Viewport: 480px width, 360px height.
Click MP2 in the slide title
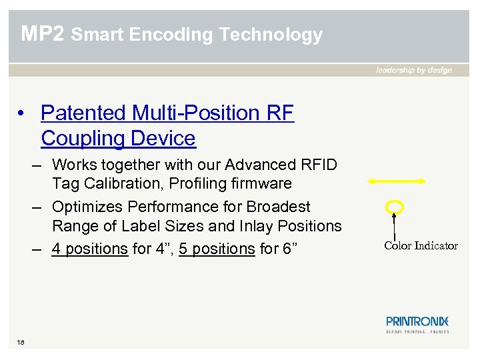pyautogui.click(x=43, y=34)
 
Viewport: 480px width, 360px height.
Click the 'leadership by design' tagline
pyautogui.click(x=414, y=70)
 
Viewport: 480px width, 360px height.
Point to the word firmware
pyautogui.click(x=260, y=183)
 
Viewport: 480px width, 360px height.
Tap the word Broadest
pyautogui.click(x=277, y=207)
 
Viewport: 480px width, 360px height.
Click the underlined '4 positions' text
pyautogui.click(x=90, y=249)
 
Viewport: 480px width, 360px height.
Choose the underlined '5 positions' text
pyautogui.click(x=217, y=249)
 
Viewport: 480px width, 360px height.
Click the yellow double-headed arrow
pyautogui.click(x=396, y=181)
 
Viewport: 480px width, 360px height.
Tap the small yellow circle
pyautogui.click(x=395, y=206)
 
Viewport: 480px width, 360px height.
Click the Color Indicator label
pyautogui.click(x=421, y=245)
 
